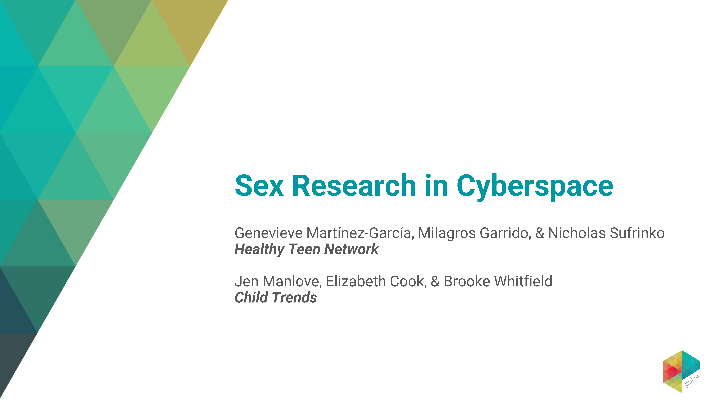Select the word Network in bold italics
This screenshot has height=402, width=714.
tap(351, 249)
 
